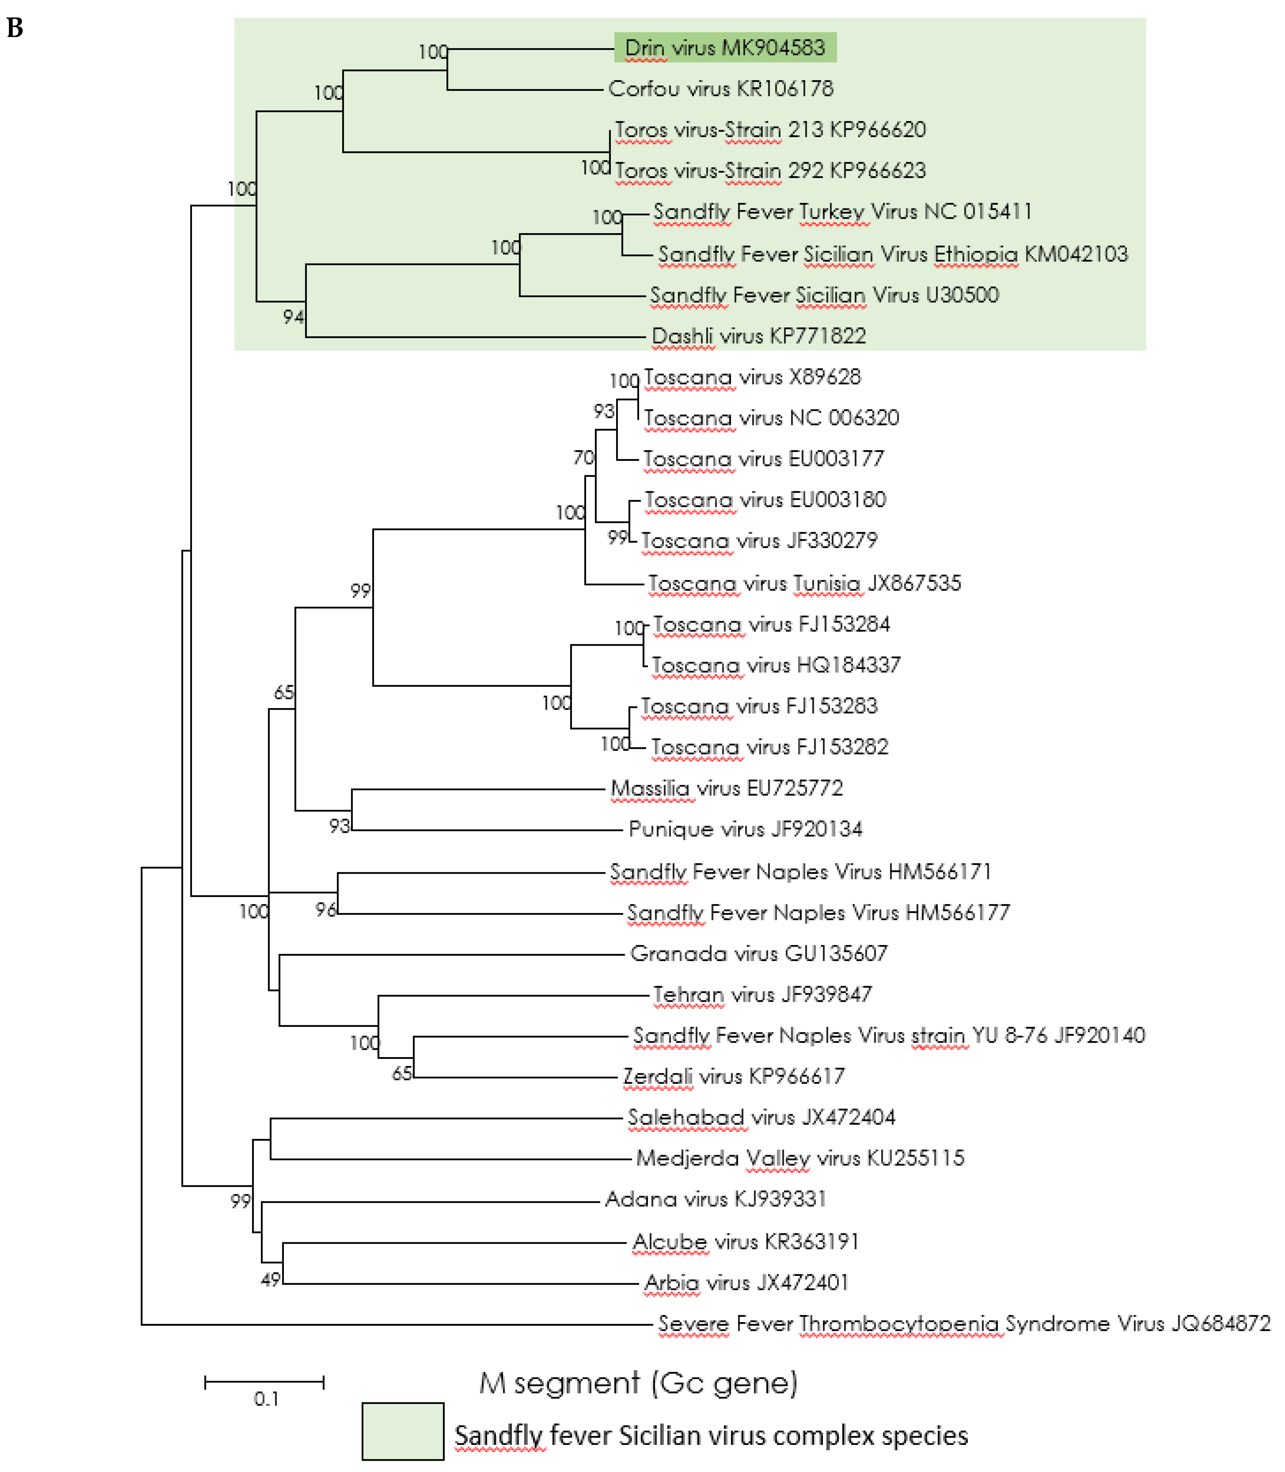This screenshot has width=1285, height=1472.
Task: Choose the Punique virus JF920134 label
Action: point(745,829)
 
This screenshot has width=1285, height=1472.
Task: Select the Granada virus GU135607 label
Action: point(759,954)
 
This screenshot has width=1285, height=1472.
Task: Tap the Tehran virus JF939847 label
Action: point(762,994)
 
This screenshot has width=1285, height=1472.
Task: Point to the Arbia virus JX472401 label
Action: point(746,1283)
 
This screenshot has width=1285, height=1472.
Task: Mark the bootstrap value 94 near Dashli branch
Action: point(292,317)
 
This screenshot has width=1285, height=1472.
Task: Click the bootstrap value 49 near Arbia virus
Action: point(271,1280)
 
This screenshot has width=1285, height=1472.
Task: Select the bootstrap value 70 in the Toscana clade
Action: point(583,457)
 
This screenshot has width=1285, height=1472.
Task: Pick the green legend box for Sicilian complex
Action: point(402,1432)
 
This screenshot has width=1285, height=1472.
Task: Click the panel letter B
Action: point(15,28)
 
